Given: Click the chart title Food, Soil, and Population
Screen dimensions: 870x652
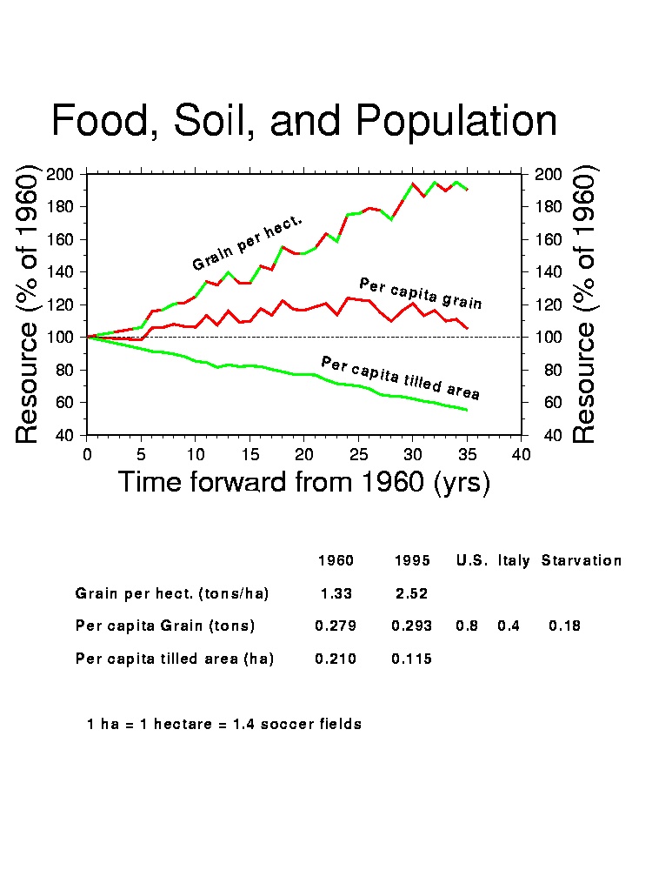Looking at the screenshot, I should pyautogui.click(x=304, y=121).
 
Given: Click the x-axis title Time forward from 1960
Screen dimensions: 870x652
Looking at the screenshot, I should pyautogui.click(x=303, y=481).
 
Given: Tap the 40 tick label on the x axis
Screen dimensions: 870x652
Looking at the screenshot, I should pyautogui.click(x=522, y=454).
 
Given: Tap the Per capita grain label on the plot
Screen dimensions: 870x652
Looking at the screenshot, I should pyautogui.click(x=421, y=293).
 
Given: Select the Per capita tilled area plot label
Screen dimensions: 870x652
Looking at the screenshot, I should pyautogui.click(x=400, y=377).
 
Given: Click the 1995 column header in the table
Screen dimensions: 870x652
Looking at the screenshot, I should pyautogui.click(x=412, y=560).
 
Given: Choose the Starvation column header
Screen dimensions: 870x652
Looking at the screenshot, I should pyautogui.click(x=582, y=560).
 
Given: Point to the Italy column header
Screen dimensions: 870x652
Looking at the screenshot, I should pyautogui.click(x=514, y=560).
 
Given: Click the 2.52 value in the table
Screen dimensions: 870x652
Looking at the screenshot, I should pyautogui.click(x=412, y=593).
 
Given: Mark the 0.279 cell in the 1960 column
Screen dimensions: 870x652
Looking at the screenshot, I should pyautogui.click(x=336, y=626).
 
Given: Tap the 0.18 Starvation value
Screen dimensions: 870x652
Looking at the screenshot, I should pyautogui.click(x=564, y=626).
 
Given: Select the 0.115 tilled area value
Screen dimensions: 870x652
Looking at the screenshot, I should pyautogui.click(x=412, y=659).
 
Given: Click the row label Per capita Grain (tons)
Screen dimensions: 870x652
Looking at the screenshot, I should pyautogui.click(x=165, y=626).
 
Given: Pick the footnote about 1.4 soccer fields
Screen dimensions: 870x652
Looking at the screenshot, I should pyautogui.click(x=224, y=724).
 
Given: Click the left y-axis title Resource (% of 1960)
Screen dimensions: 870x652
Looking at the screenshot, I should pyautogui.click(x=28, y=304).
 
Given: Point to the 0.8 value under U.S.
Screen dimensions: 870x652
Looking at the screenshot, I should pyautogui.click(x=467, y=626).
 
